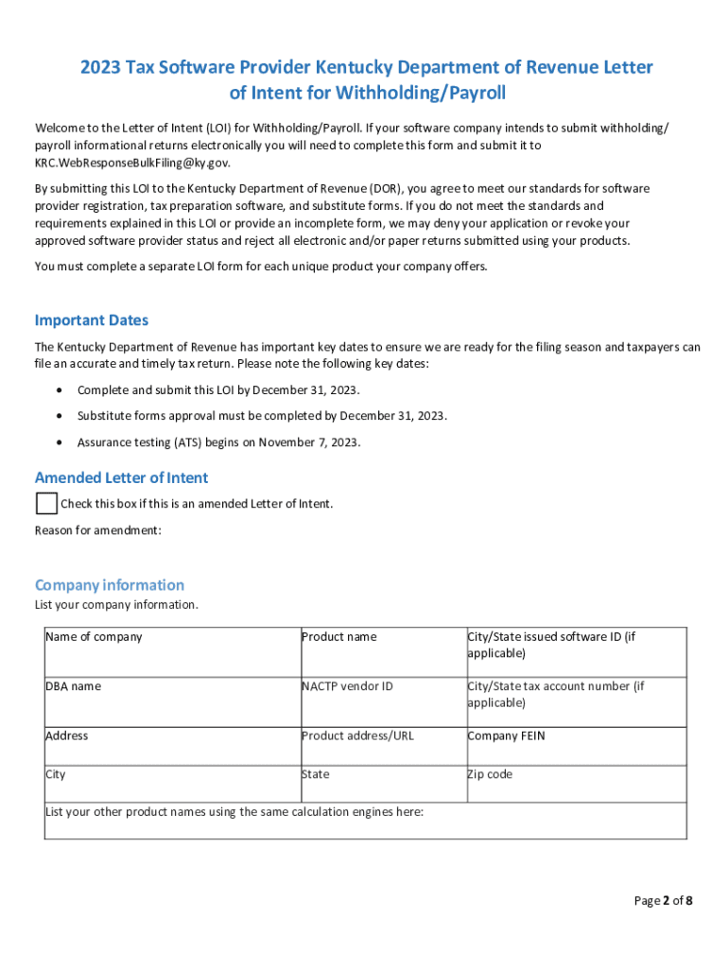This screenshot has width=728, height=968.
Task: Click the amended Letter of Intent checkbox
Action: pyautogui.click(x=46, y=503)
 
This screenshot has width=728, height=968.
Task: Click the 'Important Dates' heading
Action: pyautogui.click(x=91, y=320)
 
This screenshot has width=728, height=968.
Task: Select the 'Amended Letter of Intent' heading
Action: pyautogui.click(x=121, y=477)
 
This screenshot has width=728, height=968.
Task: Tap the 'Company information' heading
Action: pyautogui.click(x=110, y=584)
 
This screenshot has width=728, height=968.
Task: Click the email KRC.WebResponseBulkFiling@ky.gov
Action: pyautogui.click(x=132, y=163)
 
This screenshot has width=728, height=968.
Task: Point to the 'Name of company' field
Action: pyautogui.click(x=171, y=651)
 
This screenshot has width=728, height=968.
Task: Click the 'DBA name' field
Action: pyautogui.click(x=171, y=701)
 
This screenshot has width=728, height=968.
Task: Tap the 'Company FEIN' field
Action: pyautogui.click(x=575, y=746)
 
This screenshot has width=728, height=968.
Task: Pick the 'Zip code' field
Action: pyautogui.click(x=575, y=784)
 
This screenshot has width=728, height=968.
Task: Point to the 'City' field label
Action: pyautogui.click(x=56, y=774)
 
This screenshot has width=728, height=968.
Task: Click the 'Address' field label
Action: pyautogui.click(x=67, y=735)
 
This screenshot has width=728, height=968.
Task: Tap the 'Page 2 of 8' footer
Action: pyautogui.click(x=663, y=900)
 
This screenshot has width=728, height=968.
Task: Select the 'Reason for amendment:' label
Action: pyautogui.click(x=98, y=530)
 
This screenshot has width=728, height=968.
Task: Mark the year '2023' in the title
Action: pyautogui.click(x=100, y=68)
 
